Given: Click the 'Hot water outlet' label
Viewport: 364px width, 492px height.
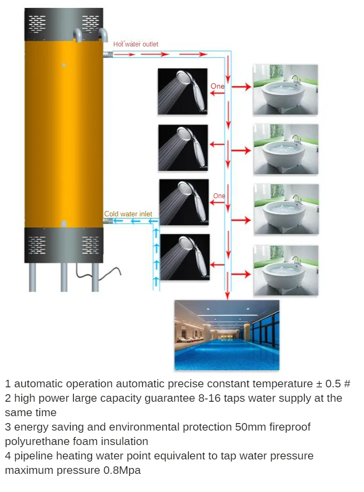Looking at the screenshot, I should click(x=136, y=44).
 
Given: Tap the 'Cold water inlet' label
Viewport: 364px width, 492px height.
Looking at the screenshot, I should click(x=128, y=214).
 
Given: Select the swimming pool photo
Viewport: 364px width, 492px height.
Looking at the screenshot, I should click(x=227, y=335).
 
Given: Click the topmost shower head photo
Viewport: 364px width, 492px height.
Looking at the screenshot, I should click(x=183, y=91).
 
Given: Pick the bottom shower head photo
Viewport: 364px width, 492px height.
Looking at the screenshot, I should click(x=185, y=257).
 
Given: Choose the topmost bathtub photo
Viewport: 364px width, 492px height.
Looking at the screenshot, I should click(x=285, y=90).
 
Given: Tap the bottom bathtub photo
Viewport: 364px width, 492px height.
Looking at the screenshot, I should click(x=285, y=270).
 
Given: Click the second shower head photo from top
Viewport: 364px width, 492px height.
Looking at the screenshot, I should click(x=183, y=148).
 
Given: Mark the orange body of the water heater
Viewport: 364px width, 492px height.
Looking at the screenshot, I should click(x=64, y=134).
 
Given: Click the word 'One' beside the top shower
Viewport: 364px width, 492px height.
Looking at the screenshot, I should click(x=218, y=87).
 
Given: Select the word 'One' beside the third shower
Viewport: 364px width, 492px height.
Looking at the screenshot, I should click(x=219, y=196).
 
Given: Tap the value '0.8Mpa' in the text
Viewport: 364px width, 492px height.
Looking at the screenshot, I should click(x=122, y=471).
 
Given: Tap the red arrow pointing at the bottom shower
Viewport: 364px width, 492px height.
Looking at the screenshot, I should click(x=217, y=264).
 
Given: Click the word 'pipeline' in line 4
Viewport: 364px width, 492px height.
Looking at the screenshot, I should click(x=32, y=456).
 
